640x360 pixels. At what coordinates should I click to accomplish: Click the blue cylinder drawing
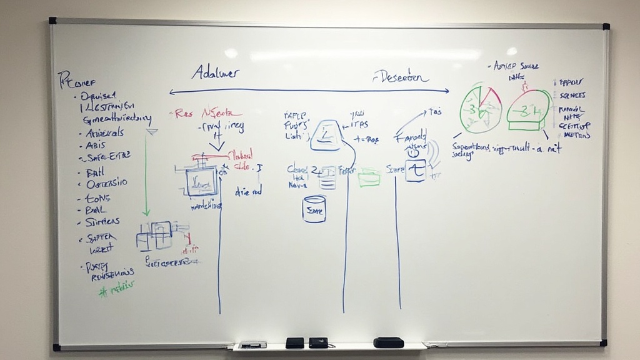[314, 209]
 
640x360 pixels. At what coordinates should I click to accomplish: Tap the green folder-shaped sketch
[369, 178]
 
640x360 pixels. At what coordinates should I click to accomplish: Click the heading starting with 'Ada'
[214, 72]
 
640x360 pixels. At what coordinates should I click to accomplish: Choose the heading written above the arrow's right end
[401, 77]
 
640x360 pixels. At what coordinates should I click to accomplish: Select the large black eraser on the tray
[388, 342]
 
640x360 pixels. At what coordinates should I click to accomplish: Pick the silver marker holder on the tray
[252, 344]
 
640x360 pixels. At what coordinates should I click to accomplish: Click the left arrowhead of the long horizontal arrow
[172, 92]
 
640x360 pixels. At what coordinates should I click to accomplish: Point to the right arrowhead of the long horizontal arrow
[447, 91]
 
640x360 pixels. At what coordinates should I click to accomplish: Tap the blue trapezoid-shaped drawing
[325, 136]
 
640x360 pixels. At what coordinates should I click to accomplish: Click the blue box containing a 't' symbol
[415, 170]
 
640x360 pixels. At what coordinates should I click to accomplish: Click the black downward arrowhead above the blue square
[216, 147]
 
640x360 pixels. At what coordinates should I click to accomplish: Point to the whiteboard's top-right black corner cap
[606, 26]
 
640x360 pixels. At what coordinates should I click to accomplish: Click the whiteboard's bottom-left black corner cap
[56, 347]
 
